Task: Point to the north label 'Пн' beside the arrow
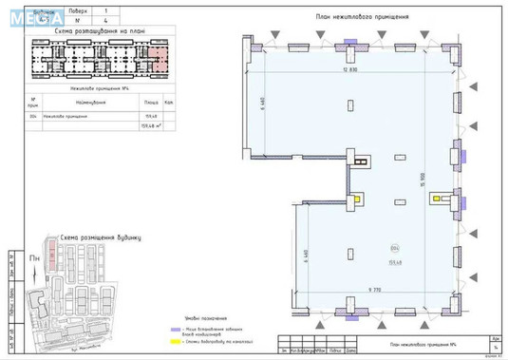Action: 34,257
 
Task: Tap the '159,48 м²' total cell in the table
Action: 149,124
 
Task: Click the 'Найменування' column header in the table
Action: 92,102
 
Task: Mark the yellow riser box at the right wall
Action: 440,199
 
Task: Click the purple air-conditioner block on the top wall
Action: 350,41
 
